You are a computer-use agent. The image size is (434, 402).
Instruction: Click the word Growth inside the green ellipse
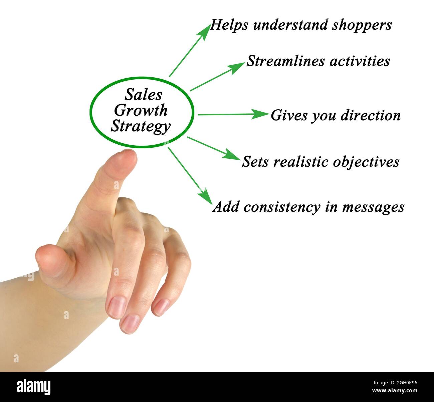click(141, 111)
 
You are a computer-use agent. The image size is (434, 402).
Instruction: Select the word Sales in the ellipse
click(143, 95)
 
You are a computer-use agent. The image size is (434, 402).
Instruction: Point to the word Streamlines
click(283, 61)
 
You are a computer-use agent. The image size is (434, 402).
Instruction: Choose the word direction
click(371, 116)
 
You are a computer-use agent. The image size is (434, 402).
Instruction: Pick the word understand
click(290, 25)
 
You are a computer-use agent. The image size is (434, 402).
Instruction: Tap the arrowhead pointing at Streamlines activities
click(239, 66)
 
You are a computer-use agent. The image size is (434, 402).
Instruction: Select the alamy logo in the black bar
click(34, 387)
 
